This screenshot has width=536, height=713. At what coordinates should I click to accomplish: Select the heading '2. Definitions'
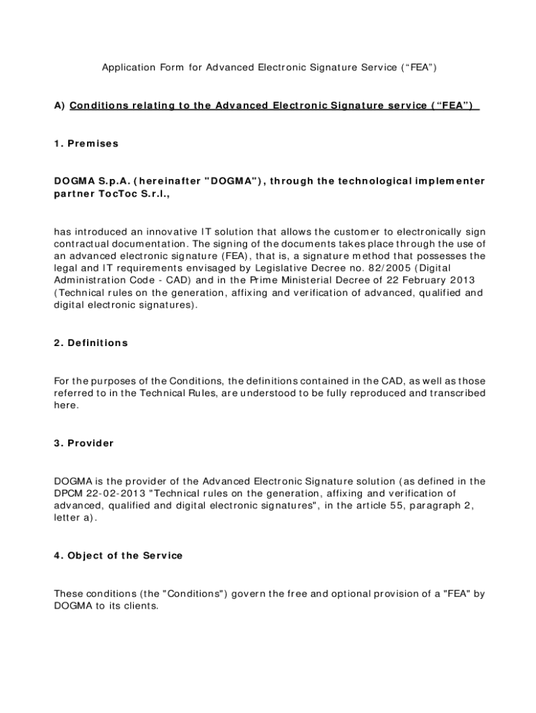point(91,343)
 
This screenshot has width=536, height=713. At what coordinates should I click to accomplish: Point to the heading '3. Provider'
point(84,443)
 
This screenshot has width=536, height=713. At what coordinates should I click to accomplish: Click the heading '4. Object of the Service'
point(118,555)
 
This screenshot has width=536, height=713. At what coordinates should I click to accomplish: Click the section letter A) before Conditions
point(59,105)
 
